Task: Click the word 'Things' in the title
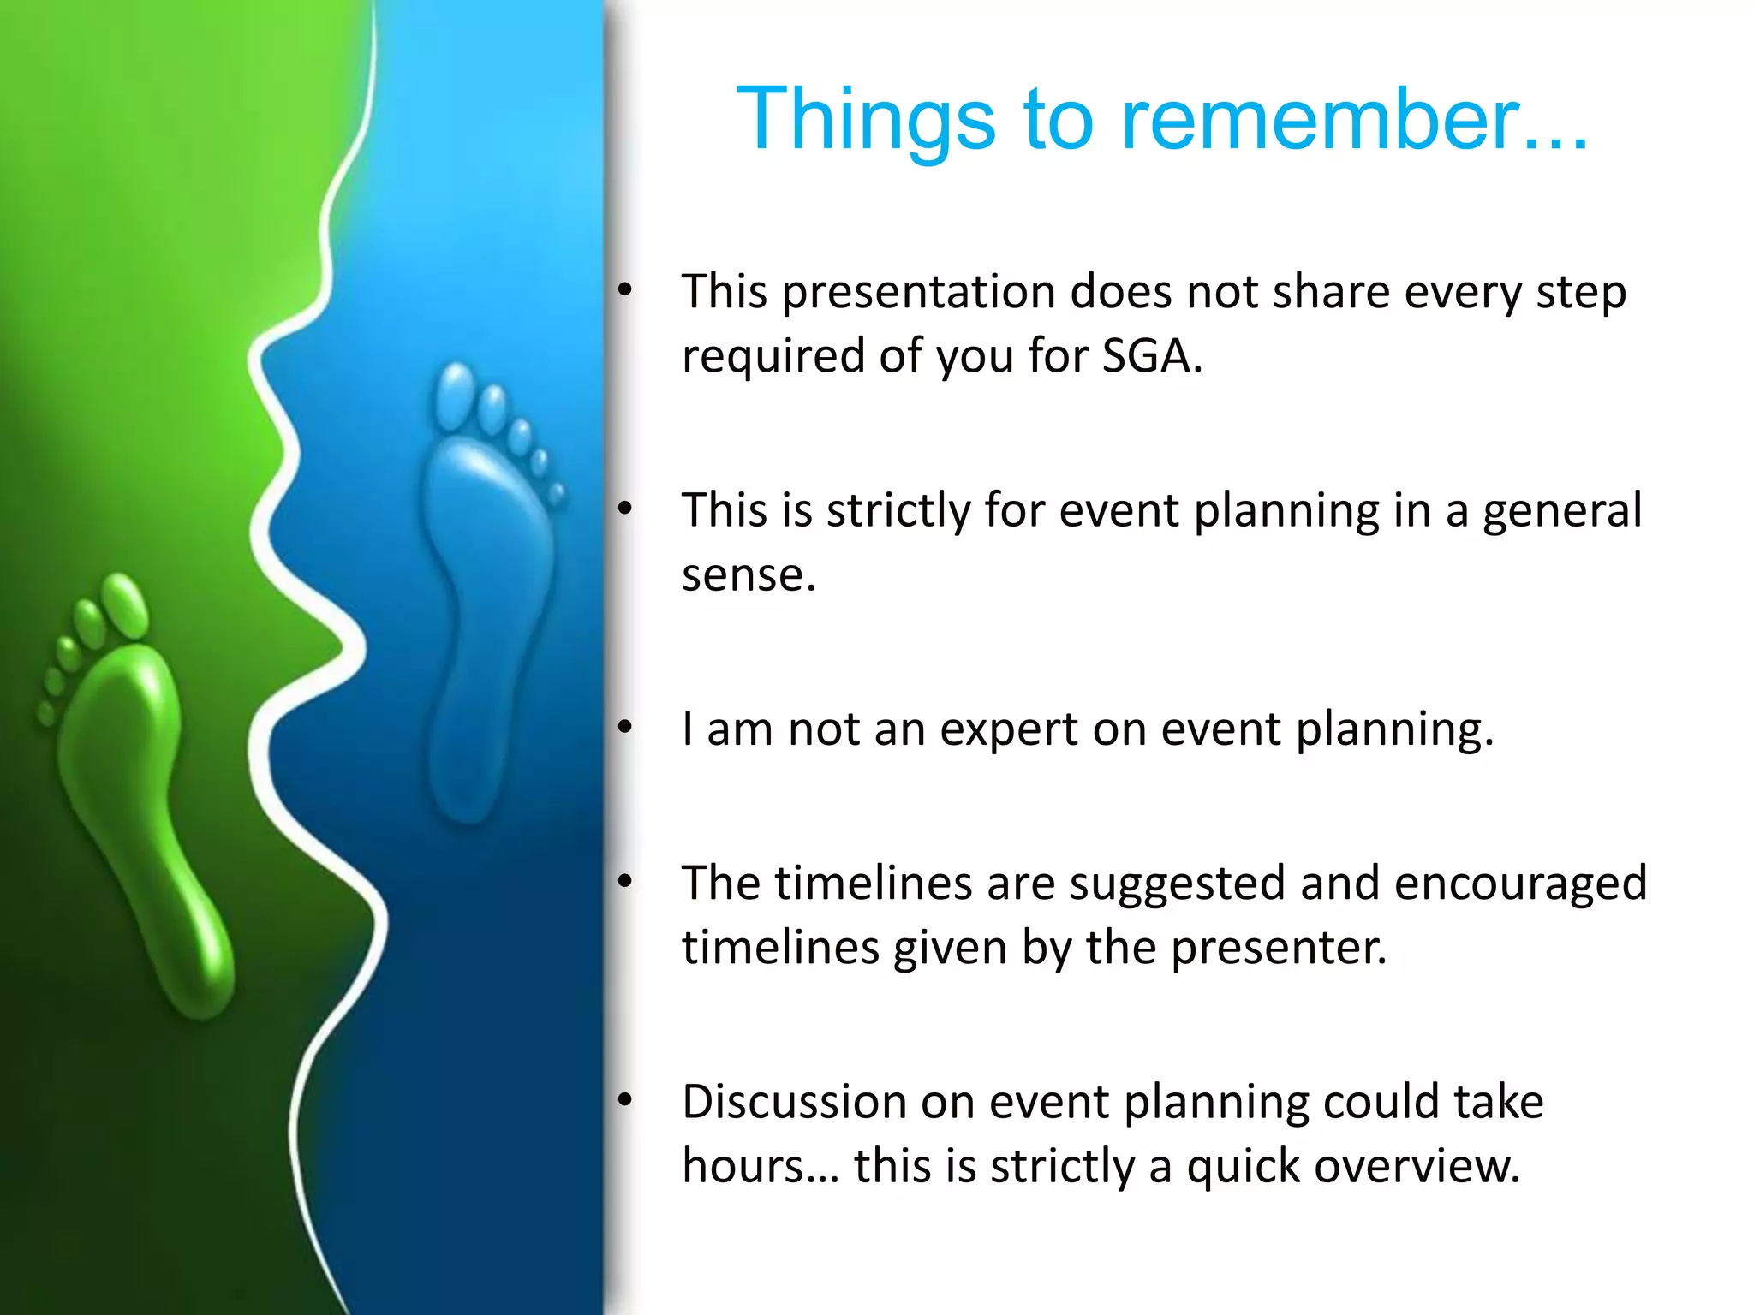866,119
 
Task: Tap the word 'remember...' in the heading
1354,119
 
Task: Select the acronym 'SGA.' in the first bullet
1152,354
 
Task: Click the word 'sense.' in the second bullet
749,574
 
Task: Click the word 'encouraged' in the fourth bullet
1520,884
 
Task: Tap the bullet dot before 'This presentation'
625,291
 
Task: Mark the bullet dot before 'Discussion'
625,1101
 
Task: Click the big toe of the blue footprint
454,396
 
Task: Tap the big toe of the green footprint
125,605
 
